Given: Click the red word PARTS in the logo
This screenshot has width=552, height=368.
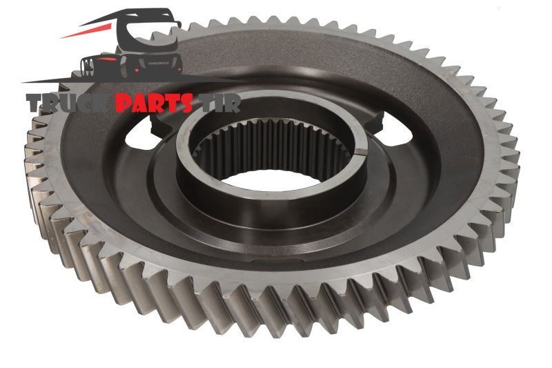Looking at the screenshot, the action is (153, 103).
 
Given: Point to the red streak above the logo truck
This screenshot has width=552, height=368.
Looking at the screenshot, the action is (88, 30).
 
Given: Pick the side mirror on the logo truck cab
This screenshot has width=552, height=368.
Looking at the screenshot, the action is (175, 25).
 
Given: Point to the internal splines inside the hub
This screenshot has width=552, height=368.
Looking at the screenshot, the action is (271, 144).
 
